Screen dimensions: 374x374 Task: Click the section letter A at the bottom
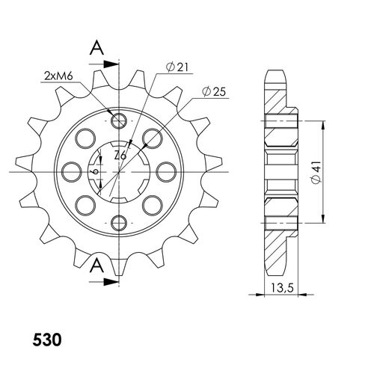(96, 266)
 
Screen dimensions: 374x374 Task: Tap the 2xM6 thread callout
(58, 76)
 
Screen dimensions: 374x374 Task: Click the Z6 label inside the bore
(120, 156)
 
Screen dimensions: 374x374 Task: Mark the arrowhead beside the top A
(111, 61)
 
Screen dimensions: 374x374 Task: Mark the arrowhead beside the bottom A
(111, 282)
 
